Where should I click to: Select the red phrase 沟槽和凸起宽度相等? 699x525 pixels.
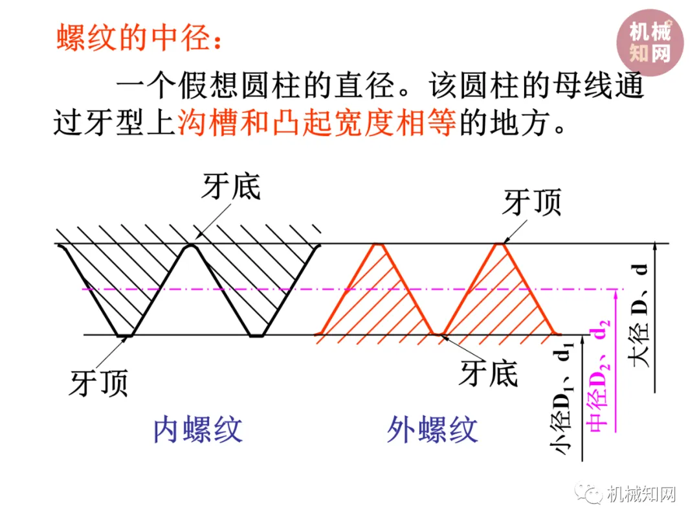tap(316, 121)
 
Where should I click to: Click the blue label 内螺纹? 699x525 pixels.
tap(198, 429)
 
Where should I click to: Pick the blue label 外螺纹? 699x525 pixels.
tap(432, 429)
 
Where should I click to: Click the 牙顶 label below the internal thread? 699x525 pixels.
tap(99, 383)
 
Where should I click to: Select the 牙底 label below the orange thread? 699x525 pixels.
tap(489, 374)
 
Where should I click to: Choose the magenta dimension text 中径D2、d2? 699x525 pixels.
tap(599, 375)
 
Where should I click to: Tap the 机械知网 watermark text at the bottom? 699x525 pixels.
tap(641, 496)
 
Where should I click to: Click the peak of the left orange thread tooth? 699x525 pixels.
tap(378, 245)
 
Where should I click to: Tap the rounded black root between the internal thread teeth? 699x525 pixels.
tap(191, 246)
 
